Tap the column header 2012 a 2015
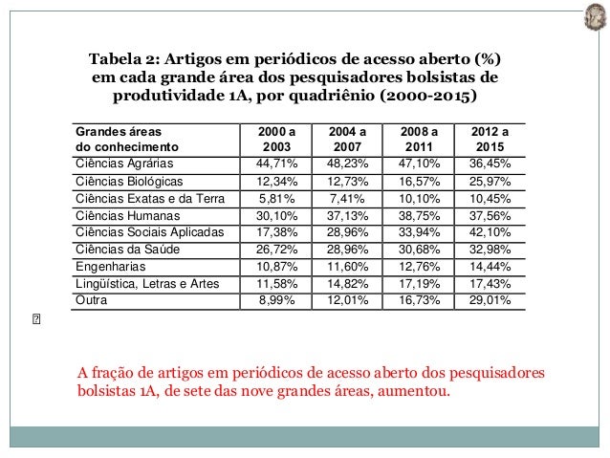pyautogui.click(x=490, y=140)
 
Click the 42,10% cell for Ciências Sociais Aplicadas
pyautogui.click(x=490, y=232)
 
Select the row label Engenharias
pyautogui.click(x=108, y=266)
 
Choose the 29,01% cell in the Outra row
pyautogui.click(x=490, y=300)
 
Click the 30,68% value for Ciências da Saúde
pyautogui.click(x=417, y=249)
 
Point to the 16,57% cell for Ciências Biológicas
pyautogui.click(x=417, y=181)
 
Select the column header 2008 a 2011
pyautogui.click(x=417, y=140)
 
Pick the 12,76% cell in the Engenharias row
pyautogui.click(x=417, y=266)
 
